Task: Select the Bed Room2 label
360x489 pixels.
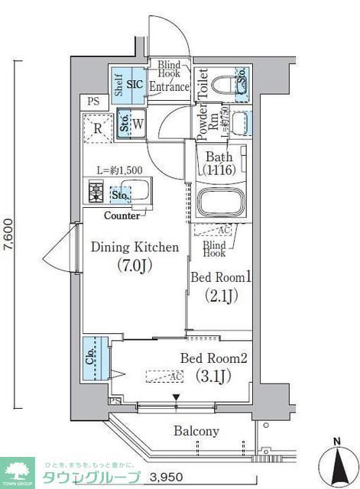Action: coord(215,367)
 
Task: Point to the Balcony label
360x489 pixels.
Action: coord(196,432)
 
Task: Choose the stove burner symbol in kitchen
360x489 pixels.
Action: coord(97,191)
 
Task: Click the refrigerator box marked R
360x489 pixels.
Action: coord(99,128)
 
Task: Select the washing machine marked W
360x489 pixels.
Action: coord(138,124)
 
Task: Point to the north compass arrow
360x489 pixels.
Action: coord(337,461)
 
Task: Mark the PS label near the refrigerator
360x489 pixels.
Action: coord(92,101)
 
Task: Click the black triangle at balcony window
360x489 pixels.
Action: coord(177,397)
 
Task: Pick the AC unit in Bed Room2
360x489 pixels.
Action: coord(164,376)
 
